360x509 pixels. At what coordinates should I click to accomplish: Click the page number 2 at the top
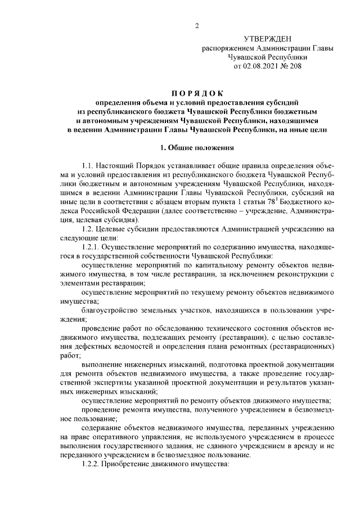pos(196,25)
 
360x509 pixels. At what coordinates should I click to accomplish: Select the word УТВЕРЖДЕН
pos(268,39)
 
